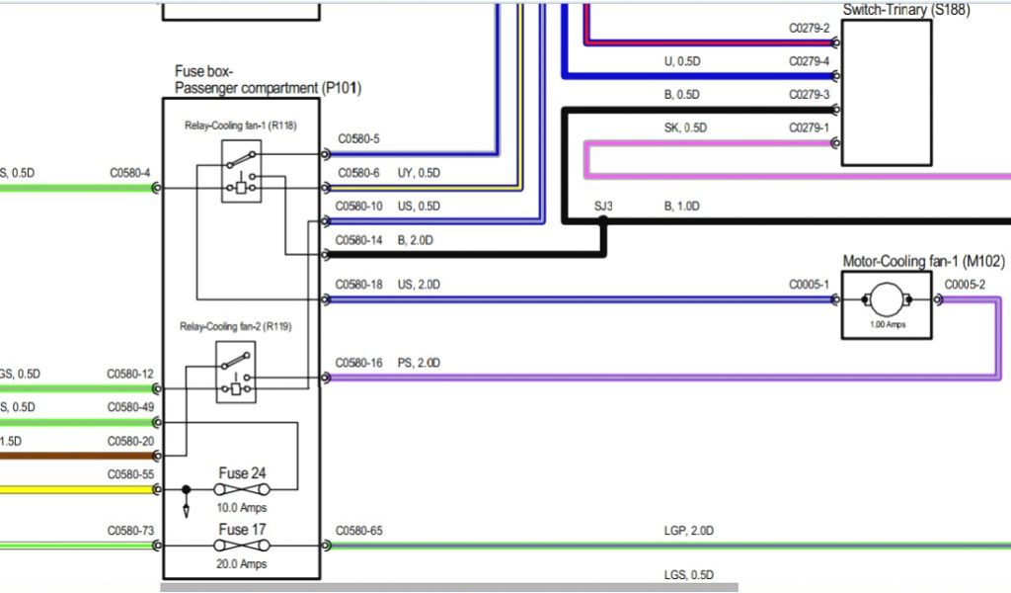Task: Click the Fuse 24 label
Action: (242, 473)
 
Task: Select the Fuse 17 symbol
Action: (242, 545)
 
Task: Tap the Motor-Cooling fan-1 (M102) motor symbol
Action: (886, 299)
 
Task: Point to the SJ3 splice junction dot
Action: (603, 222)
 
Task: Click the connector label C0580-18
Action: (358, 285)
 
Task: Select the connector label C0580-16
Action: (358, 364)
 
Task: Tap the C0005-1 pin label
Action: (809, 285)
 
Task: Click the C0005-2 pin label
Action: (965, 285)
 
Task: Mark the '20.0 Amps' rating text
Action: (242, 564)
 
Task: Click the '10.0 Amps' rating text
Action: (242, 508)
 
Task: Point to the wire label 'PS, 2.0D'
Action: (419, 364)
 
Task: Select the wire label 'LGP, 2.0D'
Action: (687, 531)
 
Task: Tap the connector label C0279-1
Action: (809, 127)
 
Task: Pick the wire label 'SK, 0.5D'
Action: (685, 127)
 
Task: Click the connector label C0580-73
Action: (130, 532)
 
